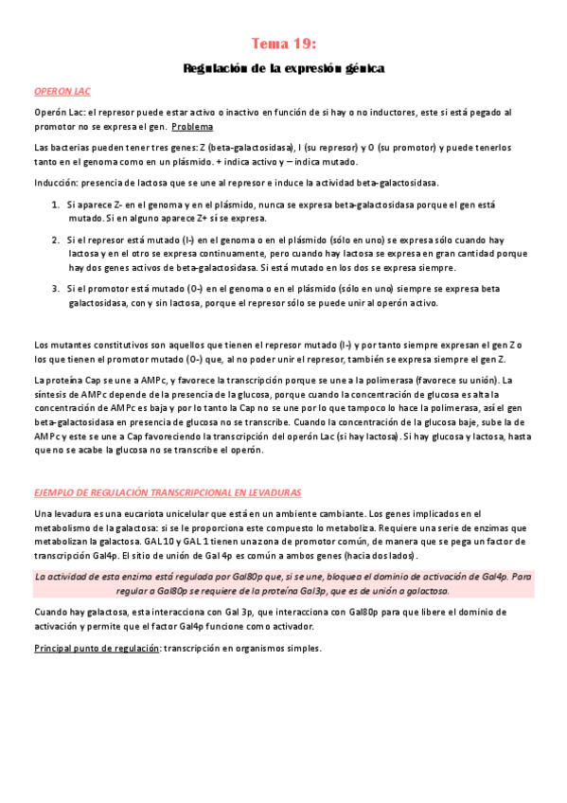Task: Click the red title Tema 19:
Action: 283,44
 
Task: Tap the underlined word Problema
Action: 193,126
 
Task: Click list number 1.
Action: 55,205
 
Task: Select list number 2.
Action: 55,240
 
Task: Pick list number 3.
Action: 55,288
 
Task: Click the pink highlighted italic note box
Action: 283,582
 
